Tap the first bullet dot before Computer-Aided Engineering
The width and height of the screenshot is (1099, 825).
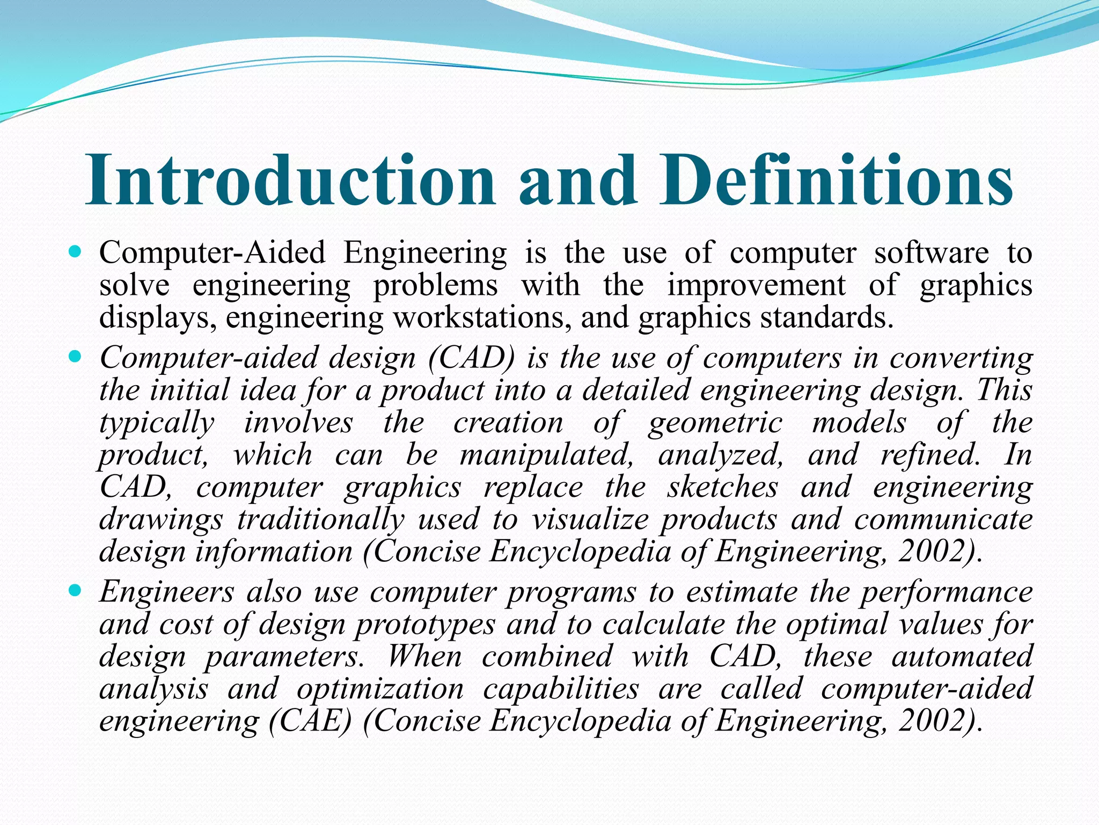coord(75,251)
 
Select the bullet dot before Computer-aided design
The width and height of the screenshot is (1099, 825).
coord(75,356)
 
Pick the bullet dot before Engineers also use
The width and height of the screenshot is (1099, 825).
coord(75,590)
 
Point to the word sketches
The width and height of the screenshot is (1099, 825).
coord(722,487)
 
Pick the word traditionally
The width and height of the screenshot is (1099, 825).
coord(320,519)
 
